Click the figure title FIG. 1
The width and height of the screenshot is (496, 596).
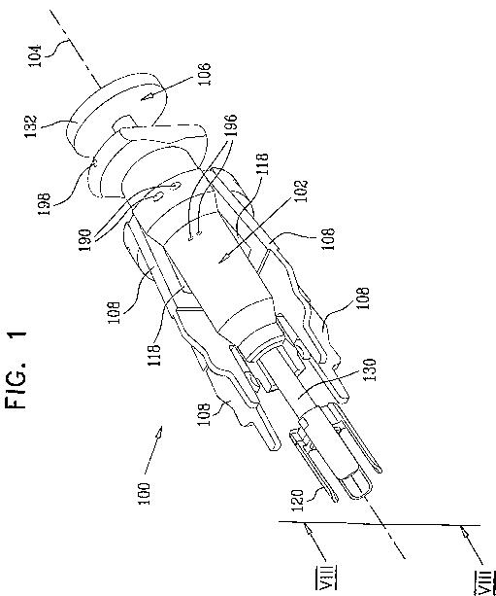point(17,369)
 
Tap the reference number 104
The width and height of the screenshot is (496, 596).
point(35,55)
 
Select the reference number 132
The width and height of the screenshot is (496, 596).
point(31,126)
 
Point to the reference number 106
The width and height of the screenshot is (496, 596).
point(204,74)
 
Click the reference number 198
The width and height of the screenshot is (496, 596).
point(44,204)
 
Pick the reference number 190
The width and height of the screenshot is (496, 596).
point(85,240)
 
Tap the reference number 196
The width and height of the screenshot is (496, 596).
point(231,125)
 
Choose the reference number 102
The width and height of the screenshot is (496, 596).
point(302,192)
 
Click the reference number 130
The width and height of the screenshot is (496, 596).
point(370,369)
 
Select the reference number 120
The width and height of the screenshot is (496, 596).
point(298,501)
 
